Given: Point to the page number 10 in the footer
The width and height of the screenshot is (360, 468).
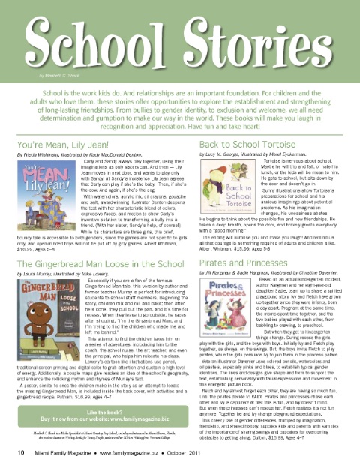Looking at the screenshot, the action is (x=11, y=454).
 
